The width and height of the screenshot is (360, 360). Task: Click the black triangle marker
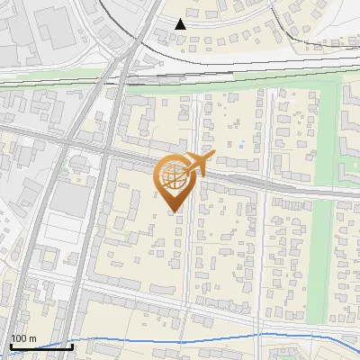coord(182,24)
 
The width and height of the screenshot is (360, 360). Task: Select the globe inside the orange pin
coord(173,176)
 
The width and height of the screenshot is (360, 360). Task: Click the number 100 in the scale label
coord(20,338)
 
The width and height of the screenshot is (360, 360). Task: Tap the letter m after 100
coord(33,338)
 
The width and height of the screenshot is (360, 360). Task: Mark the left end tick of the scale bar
coord(11,346)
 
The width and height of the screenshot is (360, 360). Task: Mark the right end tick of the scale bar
coord(72,346)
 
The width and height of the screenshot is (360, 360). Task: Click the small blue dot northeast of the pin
coord(242,143)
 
